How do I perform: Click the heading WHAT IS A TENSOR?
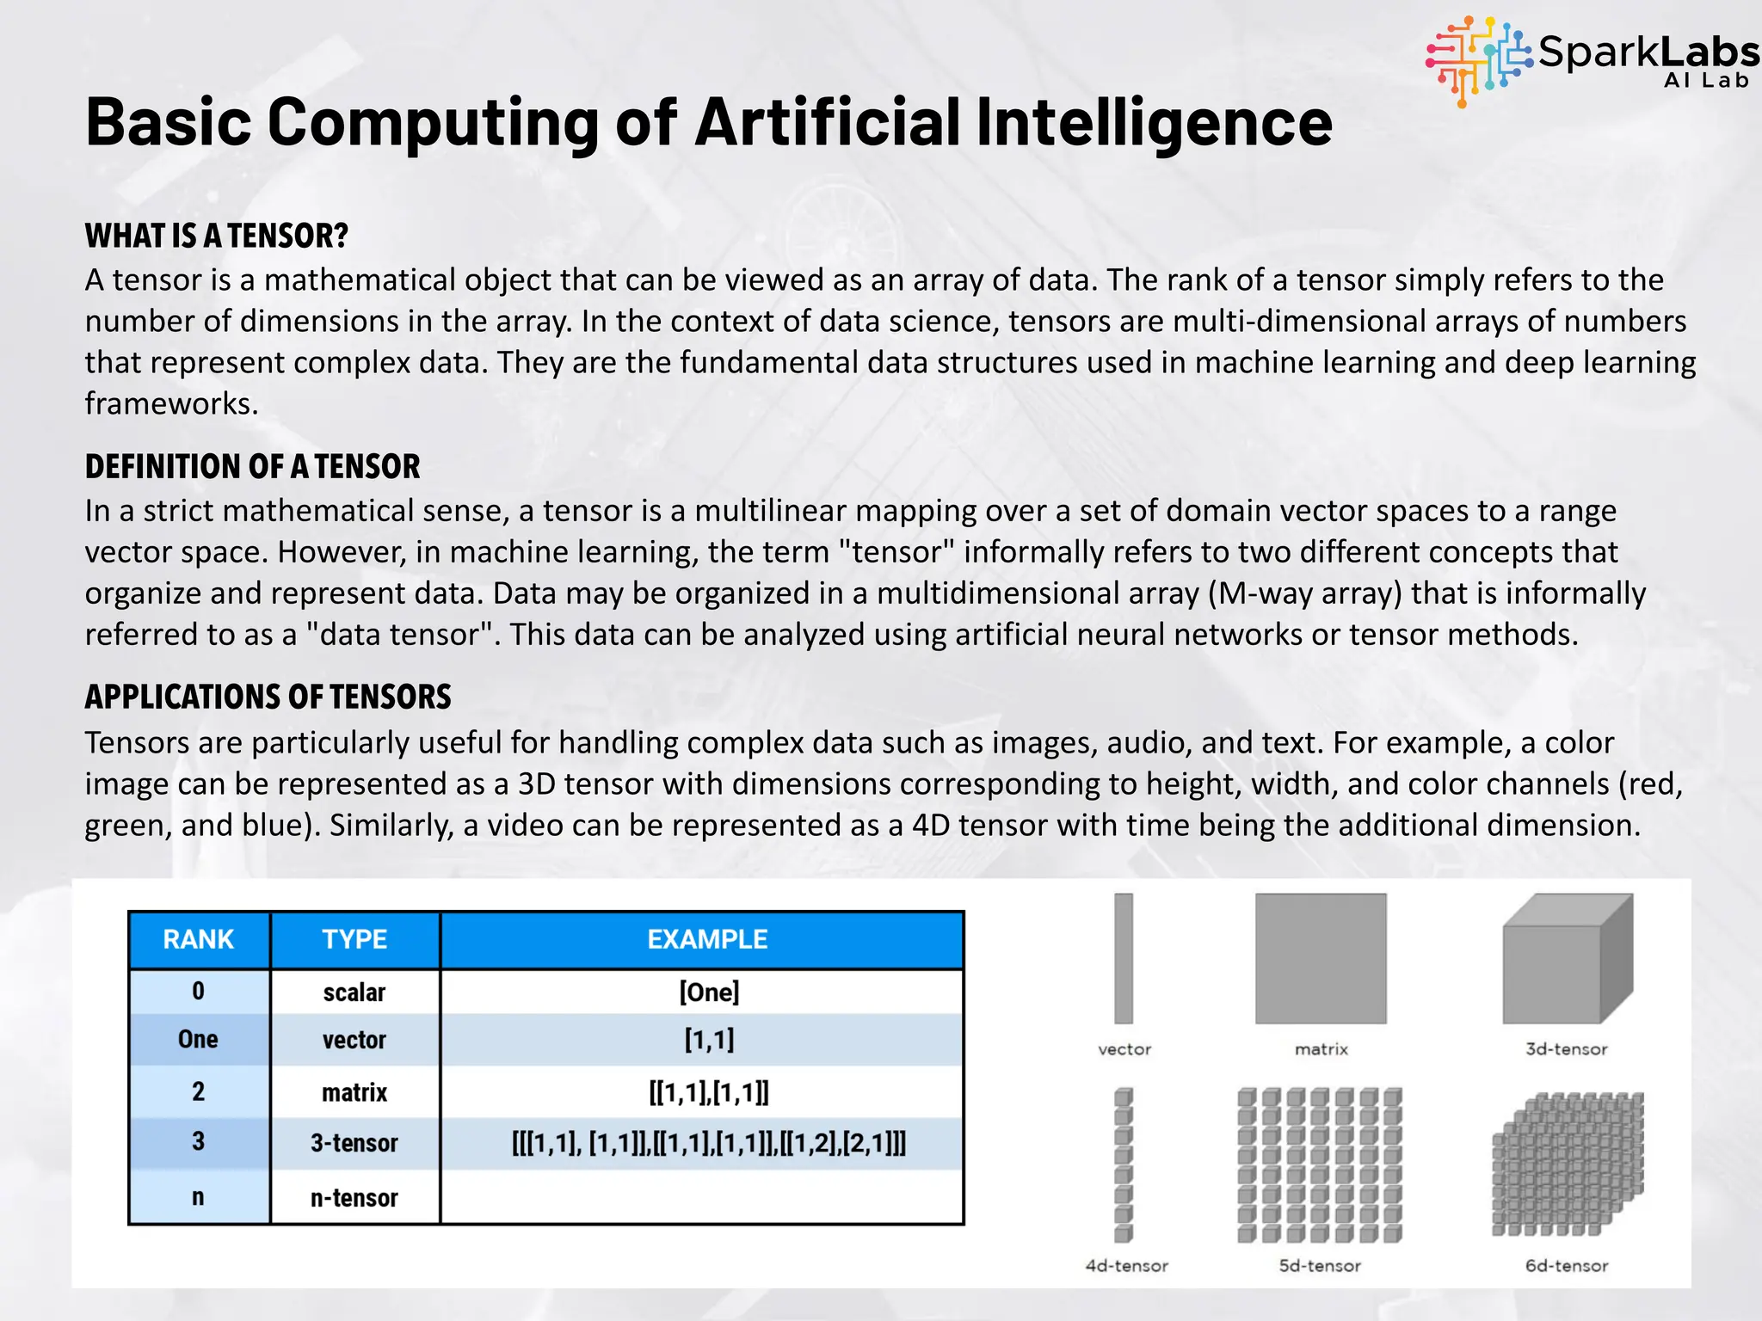point(216,236)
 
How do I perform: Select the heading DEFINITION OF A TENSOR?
point(252,466)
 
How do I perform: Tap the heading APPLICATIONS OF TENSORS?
point(268,697)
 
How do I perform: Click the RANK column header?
point(199,939)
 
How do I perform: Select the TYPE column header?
point(354,939)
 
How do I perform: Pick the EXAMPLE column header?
point(707,939)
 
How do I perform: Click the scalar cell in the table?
point(354,992)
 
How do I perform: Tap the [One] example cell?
point(709,992)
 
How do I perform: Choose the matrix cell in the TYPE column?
point(354,1092)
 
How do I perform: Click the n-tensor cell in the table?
point(354,1198)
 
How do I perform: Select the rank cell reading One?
point(198,1040)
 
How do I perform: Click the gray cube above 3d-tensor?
point(1567,960)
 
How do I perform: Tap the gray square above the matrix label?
point(1321,958)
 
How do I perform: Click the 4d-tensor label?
point(1127,1266)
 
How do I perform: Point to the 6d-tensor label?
point(1567,1266)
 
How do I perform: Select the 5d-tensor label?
point(1320,1266)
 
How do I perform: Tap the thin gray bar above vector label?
point(1124,958)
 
